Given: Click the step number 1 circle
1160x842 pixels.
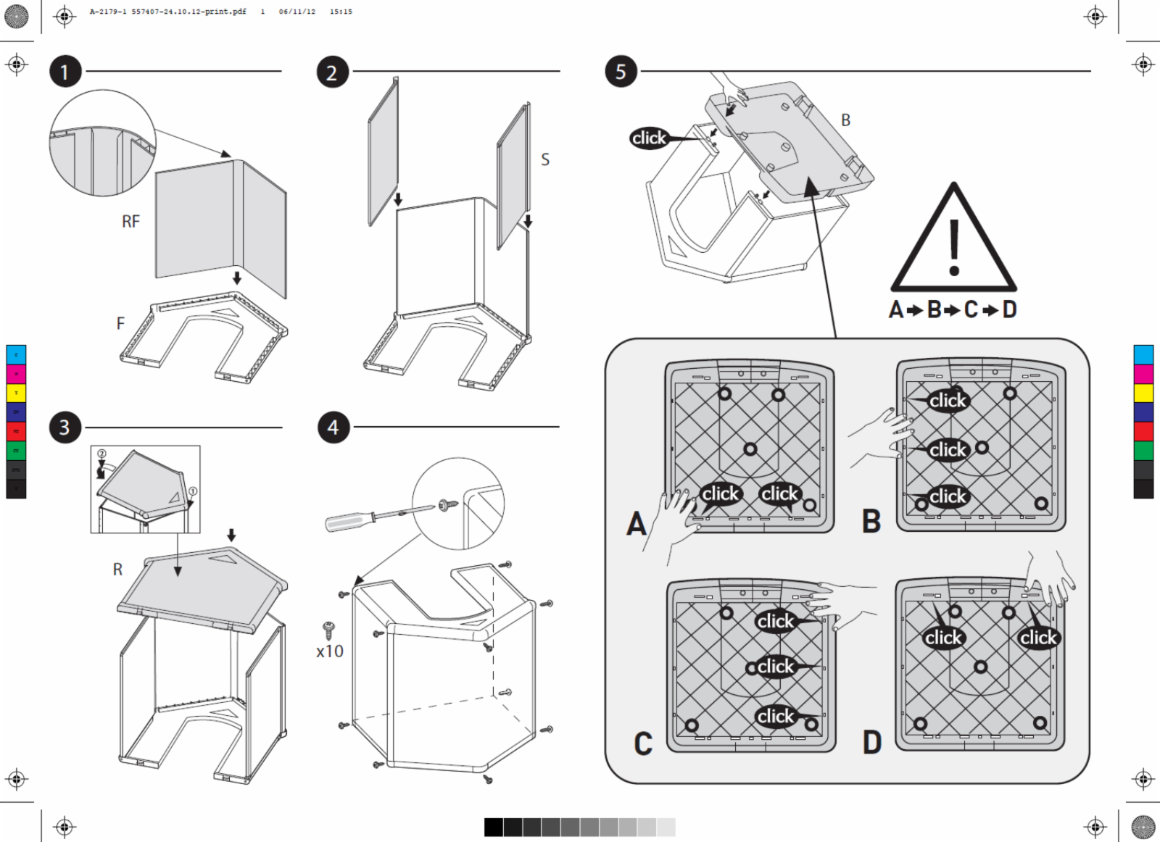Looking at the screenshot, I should click(x=65, y=72).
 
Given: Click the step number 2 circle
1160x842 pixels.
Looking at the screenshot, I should click(x=332, y=72).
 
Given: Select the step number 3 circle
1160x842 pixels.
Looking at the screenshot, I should click(x=65, y=428).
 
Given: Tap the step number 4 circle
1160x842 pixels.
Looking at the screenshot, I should click(x=333, y=428).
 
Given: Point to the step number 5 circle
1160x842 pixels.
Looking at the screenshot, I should click(x=621, y=71).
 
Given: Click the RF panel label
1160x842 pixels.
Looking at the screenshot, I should click(x=130, y=222).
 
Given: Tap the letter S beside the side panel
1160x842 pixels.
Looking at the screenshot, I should click(x=545, y=159).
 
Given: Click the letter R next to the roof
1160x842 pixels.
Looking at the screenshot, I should click(x=117, y=570).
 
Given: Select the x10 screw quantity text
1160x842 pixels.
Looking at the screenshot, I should click(x=330, y=651).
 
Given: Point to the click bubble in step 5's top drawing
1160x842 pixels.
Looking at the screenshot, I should click(x=649, y=138).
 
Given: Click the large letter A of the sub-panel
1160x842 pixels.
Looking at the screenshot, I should click(x=636, y=523).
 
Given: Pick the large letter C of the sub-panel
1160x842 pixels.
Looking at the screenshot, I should click(x=643, y=743).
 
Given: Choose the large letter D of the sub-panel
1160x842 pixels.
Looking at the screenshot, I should click(x=872, y=743).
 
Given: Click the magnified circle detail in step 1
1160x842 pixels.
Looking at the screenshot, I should click(x=102, y=143).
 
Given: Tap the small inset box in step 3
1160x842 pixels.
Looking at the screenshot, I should click(x=145, y=489).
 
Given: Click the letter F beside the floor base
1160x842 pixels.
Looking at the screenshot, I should click(x=120, y=324).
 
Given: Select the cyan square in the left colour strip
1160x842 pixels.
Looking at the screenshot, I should click(x=16, y=354).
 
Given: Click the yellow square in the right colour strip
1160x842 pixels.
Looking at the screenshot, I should click(x=1143, y=393).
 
